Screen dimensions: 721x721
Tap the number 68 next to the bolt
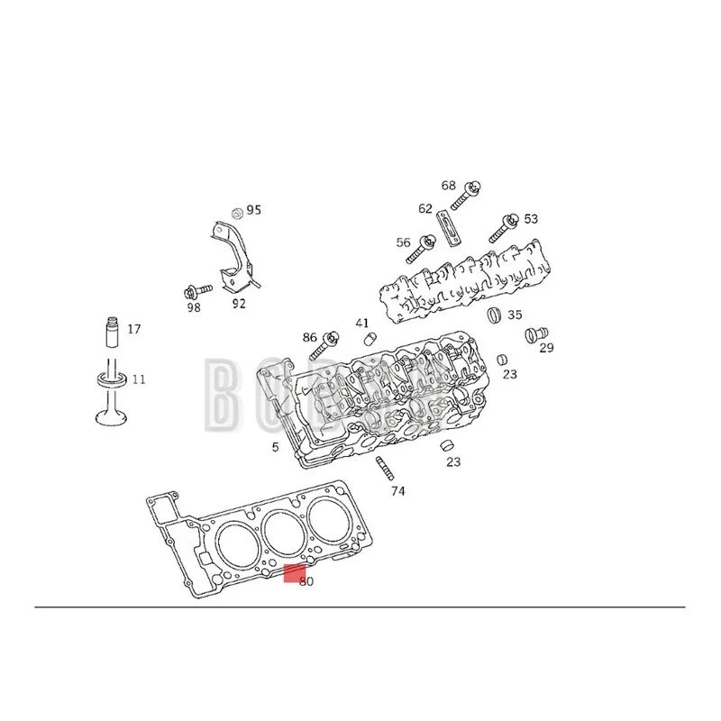(449, 186)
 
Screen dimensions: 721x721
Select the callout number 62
(425, 208)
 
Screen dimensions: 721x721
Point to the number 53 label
(530, 219)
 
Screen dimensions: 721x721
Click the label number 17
(133, 330)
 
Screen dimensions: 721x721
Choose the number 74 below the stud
(397, 491)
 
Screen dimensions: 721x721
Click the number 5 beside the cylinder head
(277, 447)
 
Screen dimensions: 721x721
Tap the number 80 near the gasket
(306, 582)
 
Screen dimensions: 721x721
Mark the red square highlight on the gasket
(294, 574)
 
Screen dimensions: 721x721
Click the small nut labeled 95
(236, 213)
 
